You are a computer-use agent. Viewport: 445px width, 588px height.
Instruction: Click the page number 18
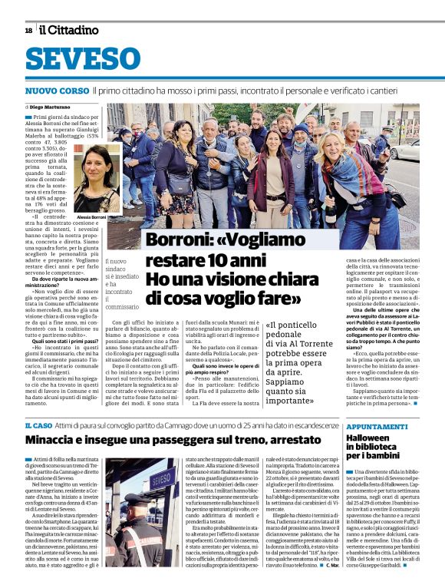(28, 31)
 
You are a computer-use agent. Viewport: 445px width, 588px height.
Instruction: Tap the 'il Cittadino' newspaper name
(69, 30)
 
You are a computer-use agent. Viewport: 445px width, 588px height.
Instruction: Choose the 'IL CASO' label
(38, 425)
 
